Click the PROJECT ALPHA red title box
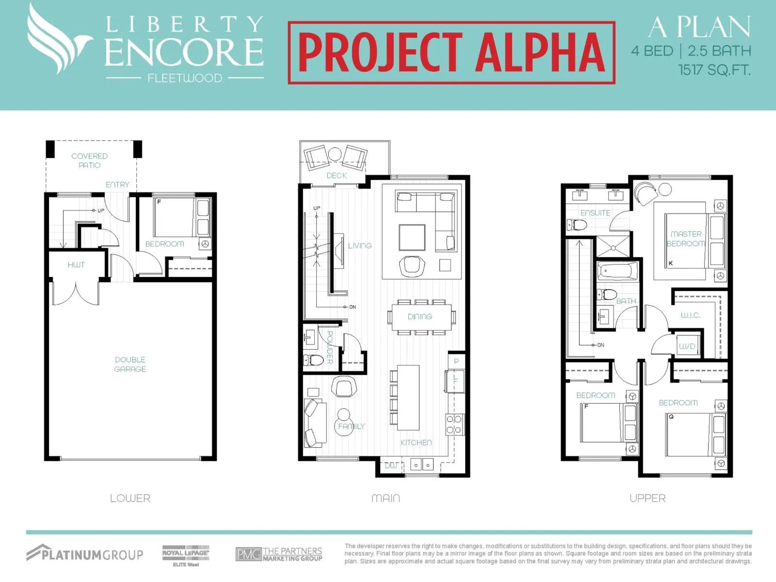coord(452,53)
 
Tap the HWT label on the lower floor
coord(76,265)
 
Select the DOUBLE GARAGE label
coord(130,364)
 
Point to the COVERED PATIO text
coord(89,161)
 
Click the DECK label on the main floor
coord(337,176)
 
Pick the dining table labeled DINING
coord(420,317)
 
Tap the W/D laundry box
coord(687,346)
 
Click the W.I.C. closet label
coord(691,315)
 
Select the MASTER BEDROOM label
coord(686,239)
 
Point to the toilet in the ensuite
coord(577,225)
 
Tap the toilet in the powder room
coord(313,360)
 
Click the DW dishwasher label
coord(391,466)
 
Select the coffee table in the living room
coord(412,238)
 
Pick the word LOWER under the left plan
coord(130,498)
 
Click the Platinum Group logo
coord(84,553)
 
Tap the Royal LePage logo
coord(186,555)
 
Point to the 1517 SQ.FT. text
coord(714,70)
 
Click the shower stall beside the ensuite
coord(613,246)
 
